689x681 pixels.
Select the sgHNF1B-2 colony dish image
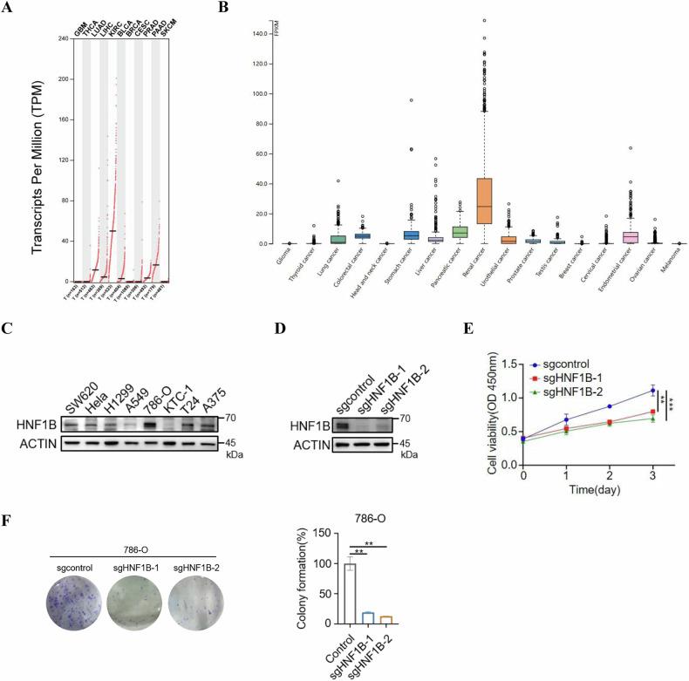tap(194, 596)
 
